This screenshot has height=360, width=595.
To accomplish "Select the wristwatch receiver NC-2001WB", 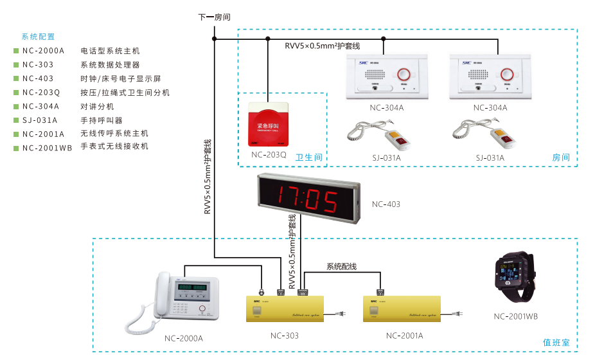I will [x=515, y=280].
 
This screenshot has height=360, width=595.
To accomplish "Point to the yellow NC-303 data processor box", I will [x=285, y=310].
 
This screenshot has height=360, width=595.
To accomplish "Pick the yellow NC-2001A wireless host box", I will [x=402, y=310].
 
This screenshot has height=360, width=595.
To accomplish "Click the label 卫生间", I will [x=308, y=157].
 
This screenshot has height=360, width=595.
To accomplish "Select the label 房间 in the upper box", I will [x=560, y=157].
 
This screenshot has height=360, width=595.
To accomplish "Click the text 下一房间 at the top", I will [x=215, y=17].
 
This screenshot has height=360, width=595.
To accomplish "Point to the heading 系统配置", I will [x=39, y=37].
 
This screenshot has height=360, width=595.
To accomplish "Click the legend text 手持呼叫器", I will [x=102, y=120].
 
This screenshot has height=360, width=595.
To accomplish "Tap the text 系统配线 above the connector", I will [x=341, y=266].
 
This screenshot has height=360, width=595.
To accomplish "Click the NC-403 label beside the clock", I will [x=386, y=204].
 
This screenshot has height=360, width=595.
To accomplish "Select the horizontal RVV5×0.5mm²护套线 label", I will [x=323, y=46].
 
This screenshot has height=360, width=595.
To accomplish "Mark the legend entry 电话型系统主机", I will [x=110, y=51].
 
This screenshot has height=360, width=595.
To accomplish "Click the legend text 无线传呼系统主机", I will [x=114, y=134].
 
